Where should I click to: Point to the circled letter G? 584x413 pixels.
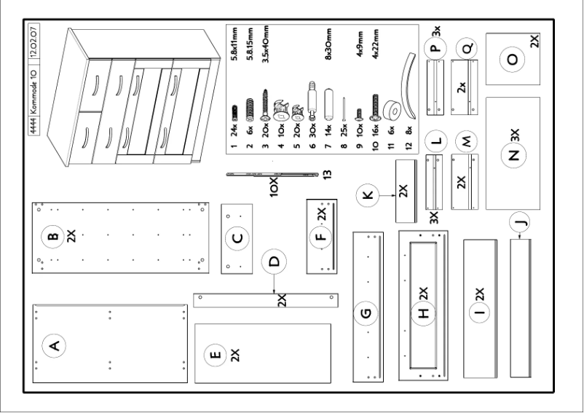366,314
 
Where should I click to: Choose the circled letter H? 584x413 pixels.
425,314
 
